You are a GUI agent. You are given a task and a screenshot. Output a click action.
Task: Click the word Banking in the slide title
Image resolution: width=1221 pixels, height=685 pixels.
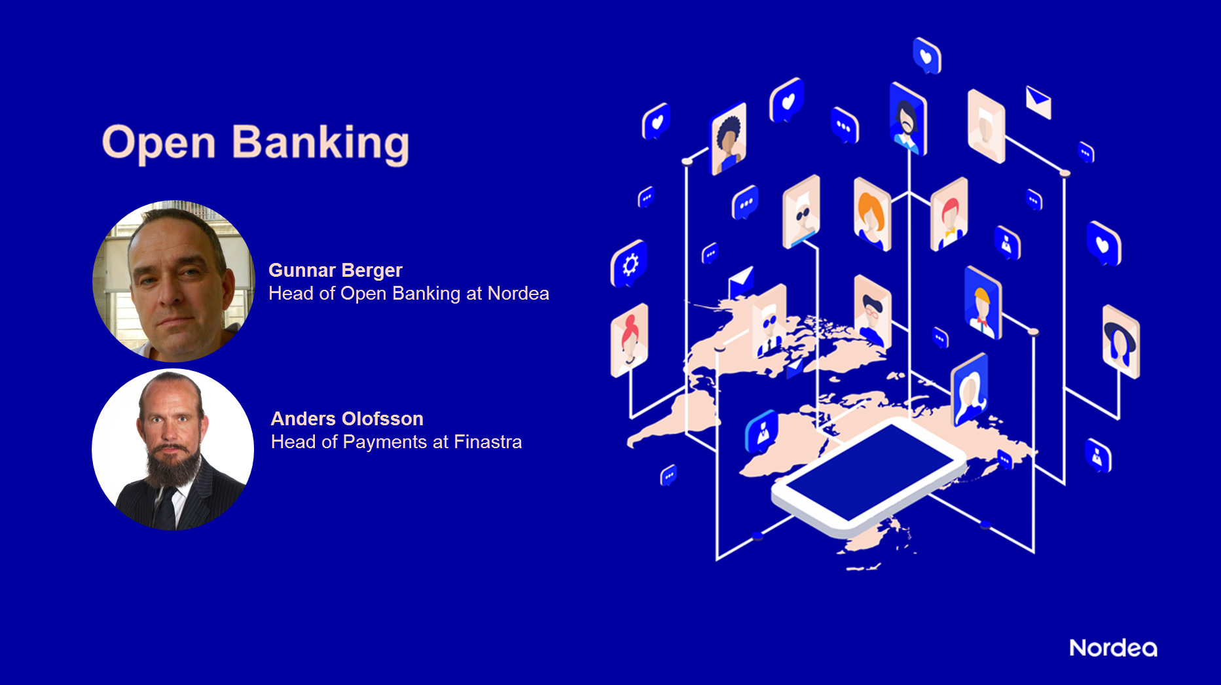point(321,144)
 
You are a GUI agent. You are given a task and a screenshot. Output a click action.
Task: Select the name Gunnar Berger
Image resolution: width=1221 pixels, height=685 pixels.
point(335,270)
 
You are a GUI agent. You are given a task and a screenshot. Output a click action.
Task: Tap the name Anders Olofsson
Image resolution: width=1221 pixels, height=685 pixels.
point(347,419)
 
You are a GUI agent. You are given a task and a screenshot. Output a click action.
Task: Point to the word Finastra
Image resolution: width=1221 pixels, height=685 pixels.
point(488,442)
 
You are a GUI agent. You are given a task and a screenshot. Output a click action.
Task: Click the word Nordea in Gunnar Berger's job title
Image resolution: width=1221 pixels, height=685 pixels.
point(519,294)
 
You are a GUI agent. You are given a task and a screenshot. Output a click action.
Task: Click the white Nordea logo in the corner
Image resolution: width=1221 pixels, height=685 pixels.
point(1113,648)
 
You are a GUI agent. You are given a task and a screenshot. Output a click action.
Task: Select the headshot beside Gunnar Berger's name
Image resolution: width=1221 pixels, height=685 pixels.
point(173,281)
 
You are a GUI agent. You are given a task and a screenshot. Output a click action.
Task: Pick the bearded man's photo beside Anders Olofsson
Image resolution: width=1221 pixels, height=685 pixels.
point(173,449)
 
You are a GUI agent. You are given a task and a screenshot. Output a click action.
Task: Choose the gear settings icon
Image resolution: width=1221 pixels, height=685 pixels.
point(629,264)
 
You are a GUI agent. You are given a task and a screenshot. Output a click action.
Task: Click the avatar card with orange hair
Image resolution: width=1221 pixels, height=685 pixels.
point(872,214)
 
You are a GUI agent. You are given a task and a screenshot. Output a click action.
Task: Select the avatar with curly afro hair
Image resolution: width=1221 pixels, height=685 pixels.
point(729,139)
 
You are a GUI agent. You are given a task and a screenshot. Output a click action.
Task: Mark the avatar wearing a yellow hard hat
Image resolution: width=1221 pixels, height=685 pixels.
point(983,303)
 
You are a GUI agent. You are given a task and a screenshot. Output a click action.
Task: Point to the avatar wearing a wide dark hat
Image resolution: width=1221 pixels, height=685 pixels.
point(1121,342)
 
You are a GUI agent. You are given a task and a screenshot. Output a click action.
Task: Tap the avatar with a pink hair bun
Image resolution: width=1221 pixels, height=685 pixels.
point(629,340)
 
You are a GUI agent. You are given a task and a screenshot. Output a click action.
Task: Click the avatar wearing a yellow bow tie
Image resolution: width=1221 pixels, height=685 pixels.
point(949,215)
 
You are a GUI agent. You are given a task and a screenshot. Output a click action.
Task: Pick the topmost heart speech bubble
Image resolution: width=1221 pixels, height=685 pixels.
point(926,56)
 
